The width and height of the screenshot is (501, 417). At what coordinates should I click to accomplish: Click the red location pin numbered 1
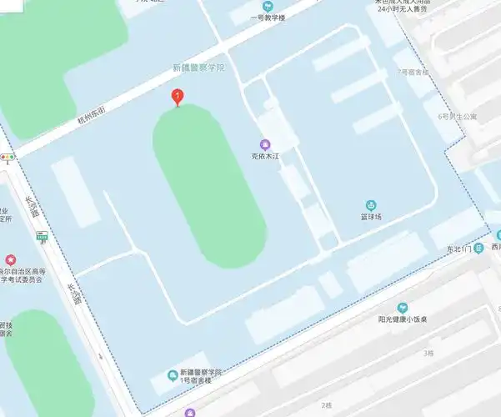(x=177, y=97)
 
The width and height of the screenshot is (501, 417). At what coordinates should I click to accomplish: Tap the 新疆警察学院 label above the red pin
(x=199, y=68)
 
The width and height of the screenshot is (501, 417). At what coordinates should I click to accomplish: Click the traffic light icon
(x=8, y=157)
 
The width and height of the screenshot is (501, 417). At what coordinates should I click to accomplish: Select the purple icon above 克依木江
(x=266, y=144)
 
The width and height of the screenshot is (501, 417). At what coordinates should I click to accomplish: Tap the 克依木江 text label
(x=267, y=156)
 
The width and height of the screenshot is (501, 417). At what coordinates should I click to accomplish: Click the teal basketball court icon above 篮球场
(x=372, y=205)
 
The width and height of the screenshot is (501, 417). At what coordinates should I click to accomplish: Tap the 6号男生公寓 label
(x=457, y=116)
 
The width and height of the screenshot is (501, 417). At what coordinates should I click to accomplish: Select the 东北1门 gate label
(x=458, y=249)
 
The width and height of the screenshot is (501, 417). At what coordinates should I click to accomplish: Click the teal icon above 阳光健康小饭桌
(x=403, y=308)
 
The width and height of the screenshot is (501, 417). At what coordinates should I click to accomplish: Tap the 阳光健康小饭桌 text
(x=403, y=319)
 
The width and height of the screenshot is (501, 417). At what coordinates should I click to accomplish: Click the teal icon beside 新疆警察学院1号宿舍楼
(x=173, y=374)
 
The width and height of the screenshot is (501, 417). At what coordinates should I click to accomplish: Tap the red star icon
(x=11, y=262)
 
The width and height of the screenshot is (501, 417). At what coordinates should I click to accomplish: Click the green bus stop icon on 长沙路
(x=42, y=238)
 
